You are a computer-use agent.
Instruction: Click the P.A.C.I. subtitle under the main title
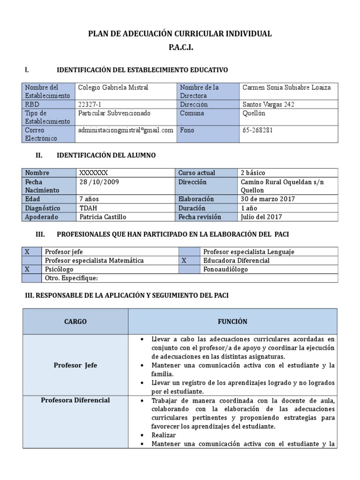180,48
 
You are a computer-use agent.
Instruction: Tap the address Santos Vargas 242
268,105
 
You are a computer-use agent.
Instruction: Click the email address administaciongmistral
126,130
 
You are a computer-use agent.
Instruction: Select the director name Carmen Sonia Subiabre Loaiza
286,87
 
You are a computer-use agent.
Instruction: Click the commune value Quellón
253,113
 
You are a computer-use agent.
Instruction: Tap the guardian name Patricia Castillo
103,217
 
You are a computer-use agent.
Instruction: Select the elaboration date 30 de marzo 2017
267,199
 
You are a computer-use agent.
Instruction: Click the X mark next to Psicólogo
27,270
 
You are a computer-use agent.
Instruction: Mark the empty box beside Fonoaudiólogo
189,270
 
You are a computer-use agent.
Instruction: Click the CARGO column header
75,322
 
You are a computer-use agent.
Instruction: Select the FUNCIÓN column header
232,322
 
